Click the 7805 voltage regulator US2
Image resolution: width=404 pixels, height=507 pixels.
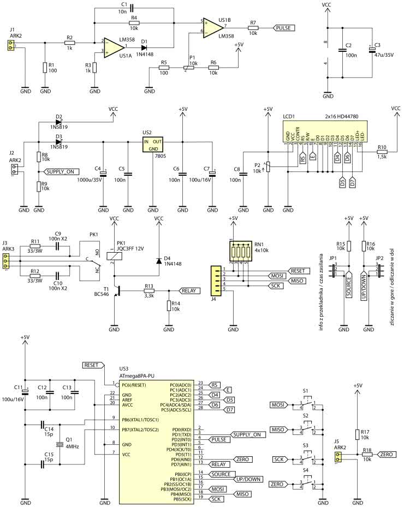[x=153, y=145]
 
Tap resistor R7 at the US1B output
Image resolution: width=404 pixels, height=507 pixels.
[x=253, y=27]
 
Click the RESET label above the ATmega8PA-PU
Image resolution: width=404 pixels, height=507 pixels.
[x=93, y=364]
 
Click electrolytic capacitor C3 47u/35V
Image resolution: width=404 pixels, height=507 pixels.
[x=372, y=50]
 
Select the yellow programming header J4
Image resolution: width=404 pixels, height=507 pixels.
[x=217, y=280]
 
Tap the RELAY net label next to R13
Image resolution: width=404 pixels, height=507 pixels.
[x=189, y=291]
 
